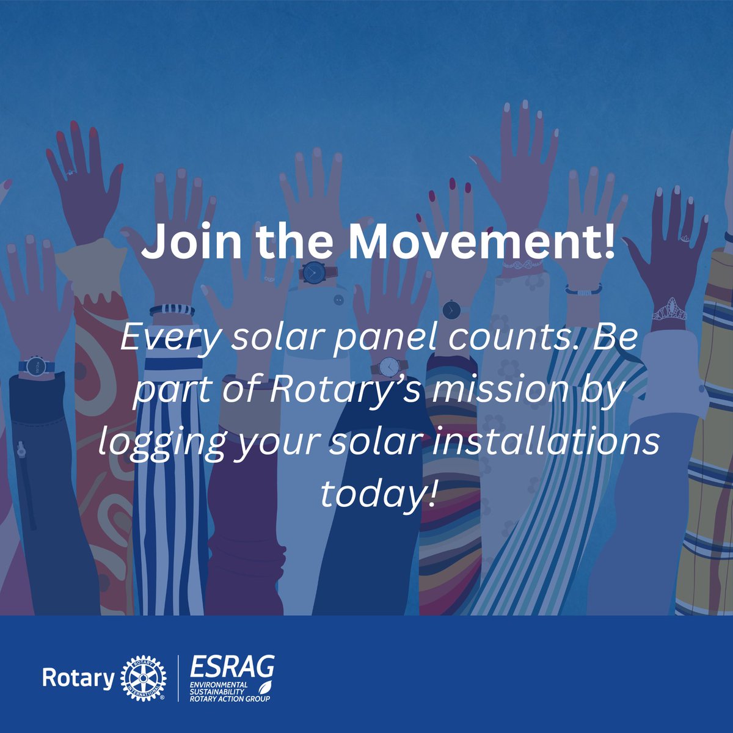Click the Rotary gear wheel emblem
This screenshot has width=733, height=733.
pos(143,679)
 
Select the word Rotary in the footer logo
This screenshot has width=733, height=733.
pos(78,679)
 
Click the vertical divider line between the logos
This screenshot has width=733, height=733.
pos(178,678)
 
